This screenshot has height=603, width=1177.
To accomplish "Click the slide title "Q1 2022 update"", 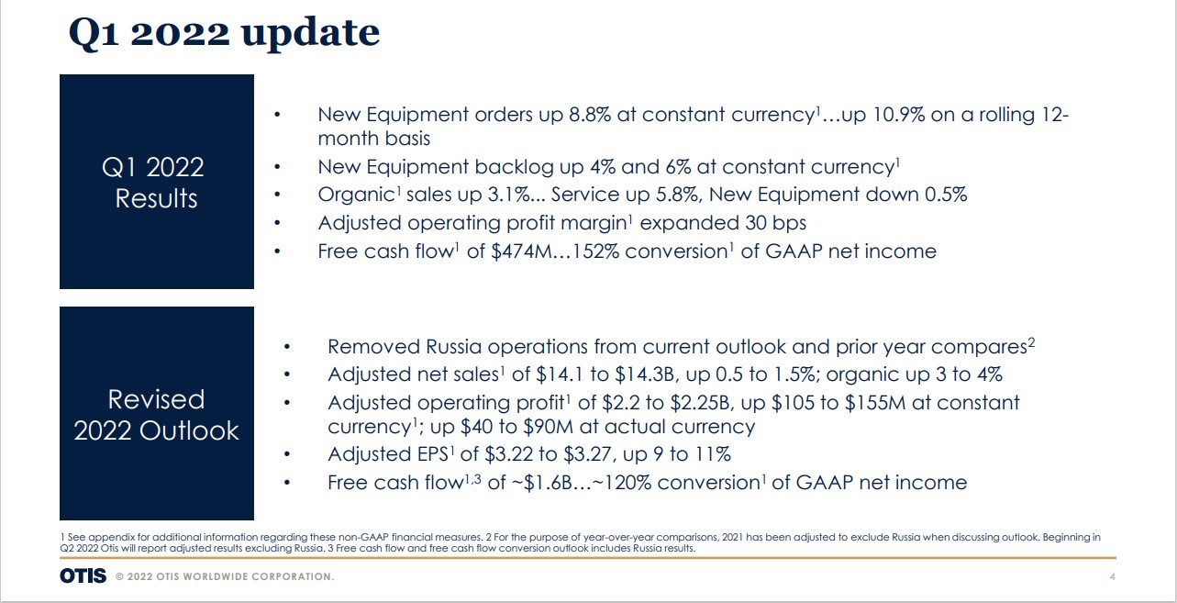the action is pos(225,34).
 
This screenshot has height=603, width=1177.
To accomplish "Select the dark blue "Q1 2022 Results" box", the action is pos(157,182).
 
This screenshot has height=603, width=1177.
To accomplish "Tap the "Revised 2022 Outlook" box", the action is pos(157,413).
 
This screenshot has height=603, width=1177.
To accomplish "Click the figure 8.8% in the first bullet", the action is pos(590,115).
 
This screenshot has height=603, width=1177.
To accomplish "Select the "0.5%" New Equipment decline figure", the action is pos(946,195).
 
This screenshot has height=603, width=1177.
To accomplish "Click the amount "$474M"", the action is pos(521,251).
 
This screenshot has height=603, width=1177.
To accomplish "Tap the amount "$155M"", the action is pos(875,403).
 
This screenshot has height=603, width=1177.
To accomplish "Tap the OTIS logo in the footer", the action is pos(83,576).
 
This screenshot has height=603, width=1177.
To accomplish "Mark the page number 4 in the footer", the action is pos(1113,576).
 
